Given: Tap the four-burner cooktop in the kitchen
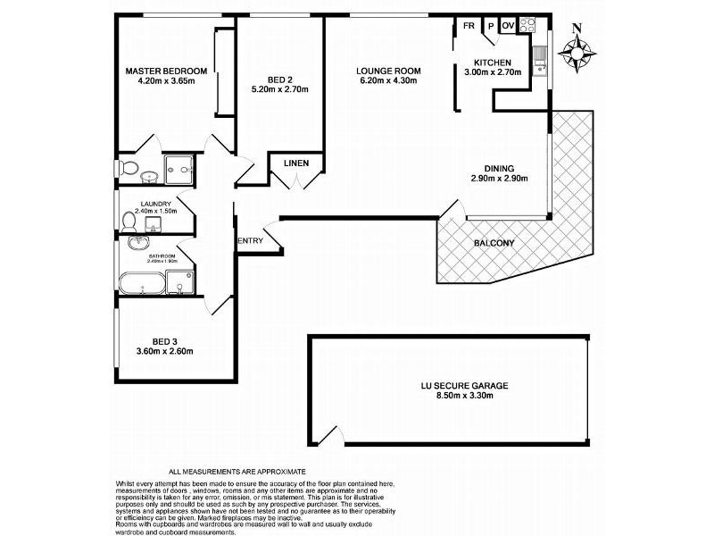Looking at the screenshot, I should click(527, 26).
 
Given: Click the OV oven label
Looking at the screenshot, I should click(507, 26).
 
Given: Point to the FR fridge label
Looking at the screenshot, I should click(467, 26).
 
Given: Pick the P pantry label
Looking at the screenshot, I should click(489, 27).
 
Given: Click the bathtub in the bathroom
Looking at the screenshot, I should click(144, 286).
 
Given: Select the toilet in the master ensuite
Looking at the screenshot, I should click(129, 169).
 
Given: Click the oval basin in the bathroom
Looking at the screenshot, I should click(137, 243).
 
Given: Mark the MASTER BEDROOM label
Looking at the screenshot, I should click(166, 71).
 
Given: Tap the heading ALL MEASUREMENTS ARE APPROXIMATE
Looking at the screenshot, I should click(237, 471).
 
